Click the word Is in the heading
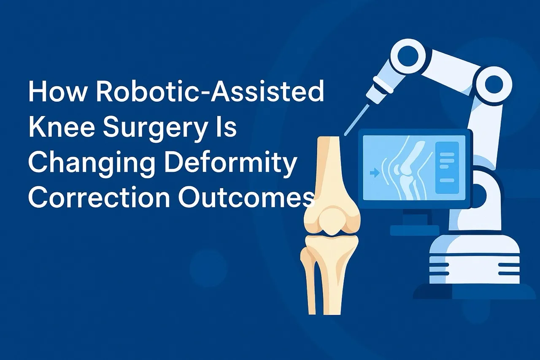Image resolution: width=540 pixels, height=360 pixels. pos(227,127)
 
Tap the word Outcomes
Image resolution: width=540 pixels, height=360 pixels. pos(246,197)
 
